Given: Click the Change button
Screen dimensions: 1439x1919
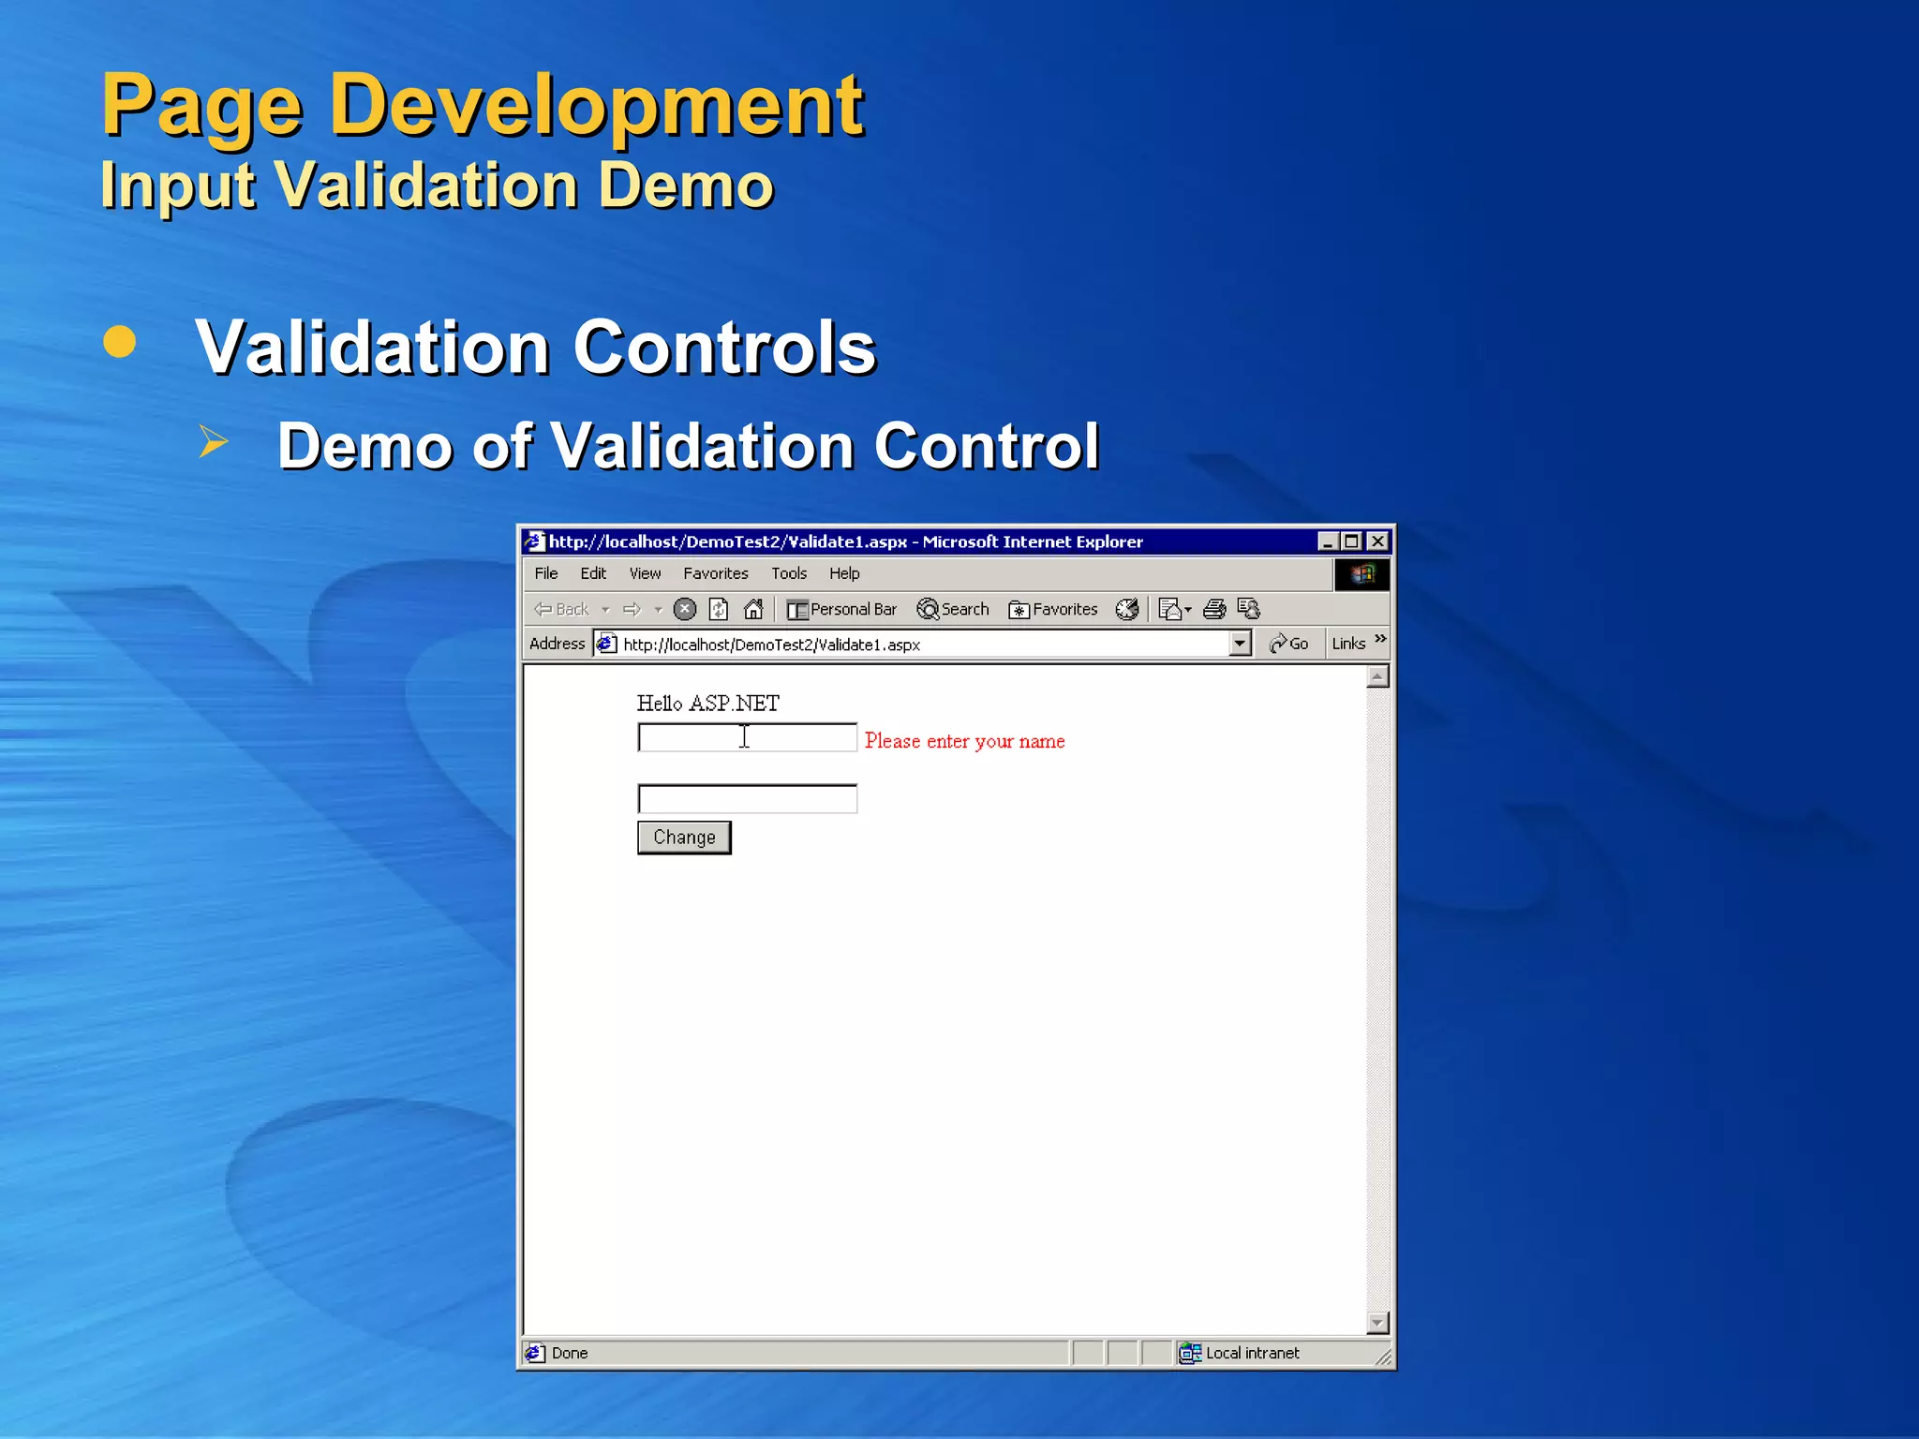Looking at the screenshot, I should [684, 838].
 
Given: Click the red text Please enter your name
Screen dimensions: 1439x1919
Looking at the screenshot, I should [964, 741].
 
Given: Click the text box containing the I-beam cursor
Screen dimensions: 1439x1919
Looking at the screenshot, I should [747, 738].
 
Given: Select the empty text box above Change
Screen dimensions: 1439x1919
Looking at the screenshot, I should [747, 799].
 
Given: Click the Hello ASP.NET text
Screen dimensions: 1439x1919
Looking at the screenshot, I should [707, 704].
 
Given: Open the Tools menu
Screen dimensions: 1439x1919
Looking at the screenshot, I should [788, 573].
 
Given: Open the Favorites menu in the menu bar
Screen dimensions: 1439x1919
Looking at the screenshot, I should [715, 573].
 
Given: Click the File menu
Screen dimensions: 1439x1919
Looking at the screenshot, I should [546, 573].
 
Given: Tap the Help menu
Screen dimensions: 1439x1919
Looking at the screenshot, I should [843, 573].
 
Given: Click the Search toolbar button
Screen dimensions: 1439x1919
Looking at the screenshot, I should [953, 609].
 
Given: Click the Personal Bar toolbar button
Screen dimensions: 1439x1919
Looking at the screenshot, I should [841, 609].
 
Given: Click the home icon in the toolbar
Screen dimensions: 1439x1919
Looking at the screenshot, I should [753, 609].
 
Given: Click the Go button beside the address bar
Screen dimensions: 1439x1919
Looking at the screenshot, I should [1289, 644].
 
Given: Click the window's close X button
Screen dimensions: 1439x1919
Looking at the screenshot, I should [1377, 541].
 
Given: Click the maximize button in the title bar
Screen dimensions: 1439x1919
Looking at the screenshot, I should [1351, 541].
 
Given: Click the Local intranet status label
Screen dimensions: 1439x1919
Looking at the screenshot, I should [1252, 1353].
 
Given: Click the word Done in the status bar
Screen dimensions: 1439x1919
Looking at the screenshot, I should [570, 1353].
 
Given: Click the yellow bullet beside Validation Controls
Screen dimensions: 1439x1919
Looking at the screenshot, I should [120, 342].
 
